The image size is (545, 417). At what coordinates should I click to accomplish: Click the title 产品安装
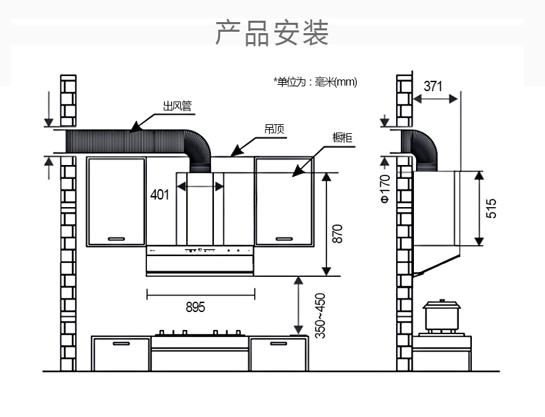272,33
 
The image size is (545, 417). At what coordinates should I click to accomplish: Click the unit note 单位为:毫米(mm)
315,82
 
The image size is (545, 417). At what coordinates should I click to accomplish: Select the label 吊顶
275,129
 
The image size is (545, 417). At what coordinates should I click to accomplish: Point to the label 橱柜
342,138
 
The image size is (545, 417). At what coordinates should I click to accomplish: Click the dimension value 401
159,195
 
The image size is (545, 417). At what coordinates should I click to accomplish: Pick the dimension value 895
195,307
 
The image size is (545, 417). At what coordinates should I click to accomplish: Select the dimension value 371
433,86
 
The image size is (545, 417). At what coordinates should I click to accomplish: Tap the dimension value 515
491,208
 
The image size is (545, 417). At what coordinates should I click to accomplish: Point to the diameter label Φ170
385,188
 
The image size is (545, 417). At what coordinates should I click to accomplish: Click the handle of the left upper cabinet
117,239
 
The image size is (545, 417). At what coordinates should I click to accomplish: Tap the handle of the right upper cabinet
284,239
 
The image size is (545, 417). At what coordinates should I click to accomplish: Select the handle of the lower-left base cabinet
121,342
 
